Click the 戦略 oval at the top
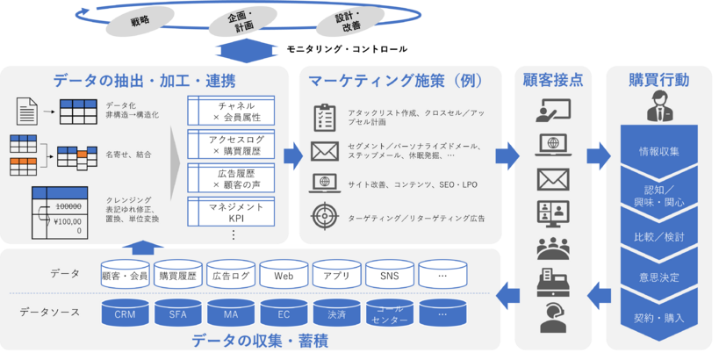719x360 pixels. click(139, 19)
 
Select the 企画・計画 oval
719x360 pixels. click(240, 21)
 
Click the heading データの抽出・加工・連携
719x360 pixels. click(143, 81)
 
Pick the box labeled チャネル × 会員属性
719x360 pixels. click(232, 112)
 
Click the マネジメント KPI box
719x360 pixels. click(232, 209)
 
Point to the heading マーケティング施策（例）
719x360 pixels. click(397, 81)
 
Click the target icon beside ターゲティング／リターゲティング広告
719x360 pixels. click(324, 217)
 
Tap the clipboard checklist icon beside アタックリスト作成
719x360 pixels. click(324, 118)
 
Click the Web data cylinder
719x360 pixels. click(284, 275)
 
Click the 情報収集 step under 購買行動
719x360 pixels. click(658, 150)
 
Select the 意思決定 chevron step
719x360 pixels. click(658, 277)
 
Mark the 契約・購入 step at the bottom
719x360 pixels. click(658, 317)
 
